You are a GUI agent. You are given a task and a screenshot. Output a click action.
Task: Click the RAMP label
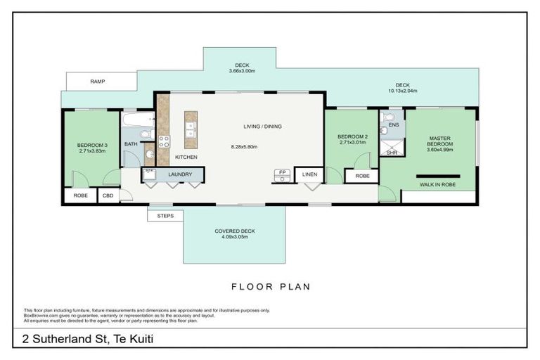[98, 82]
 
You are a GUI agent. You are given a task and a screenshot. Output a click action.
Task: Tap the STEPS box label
[165, 216]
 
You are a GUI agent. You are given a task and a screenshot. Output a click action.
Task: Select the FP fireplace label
[283, 172]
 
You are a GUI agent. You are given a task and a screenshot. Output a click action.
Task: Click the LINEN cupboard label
[310, 174]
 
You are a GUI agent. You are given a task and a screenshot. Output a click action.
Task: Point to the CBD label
[108, 195]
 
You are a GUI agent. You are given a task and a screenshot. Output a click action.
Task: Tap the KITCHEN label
[186, 157]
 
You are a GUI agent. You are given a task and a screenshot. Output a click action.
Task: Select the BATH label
[131, 144]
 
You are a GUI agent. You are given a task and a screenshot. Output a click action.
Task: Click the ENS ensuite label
[394, 124]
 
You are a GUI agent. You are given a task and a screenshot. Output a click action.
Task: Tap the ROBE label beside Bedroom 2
[362, 176]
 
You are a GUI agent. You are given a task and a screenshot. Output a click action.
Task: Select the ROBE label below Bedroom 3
[81, 195]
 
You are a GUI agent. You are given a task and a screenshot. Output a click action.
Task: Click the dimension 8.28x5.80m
[244, 147]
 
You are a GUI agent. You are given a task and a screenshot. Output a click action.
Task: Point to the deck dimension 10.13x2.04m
[401, 91]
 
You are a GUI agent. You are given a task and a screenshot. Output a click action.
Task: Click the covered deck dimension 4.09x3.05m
[234, 237]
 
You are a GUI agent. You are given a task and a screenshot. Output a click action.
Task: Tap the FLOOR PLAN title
[271, 287]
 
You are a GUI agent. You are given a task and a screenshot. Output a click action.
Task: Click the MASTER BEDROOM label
[439, 141]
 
